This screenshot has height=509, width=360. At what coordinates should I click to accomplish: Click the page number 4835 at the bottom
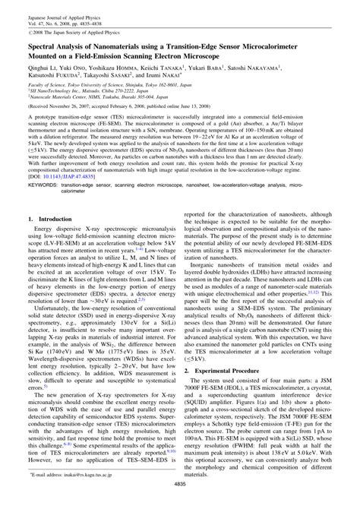180,501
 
